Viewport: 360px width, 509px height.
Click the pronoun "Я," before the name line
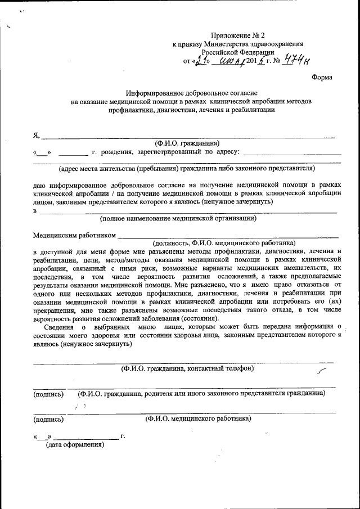37,135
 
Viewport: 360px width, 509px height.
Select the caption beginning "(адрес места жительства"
186,168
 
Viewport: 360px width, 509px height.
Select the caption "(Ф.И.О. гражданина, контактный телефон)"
188,368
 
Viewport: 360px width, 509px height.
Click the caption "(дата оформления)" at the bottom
75,445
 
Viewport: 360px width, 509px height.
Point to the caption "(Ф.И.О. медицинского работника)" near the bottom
198,418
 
